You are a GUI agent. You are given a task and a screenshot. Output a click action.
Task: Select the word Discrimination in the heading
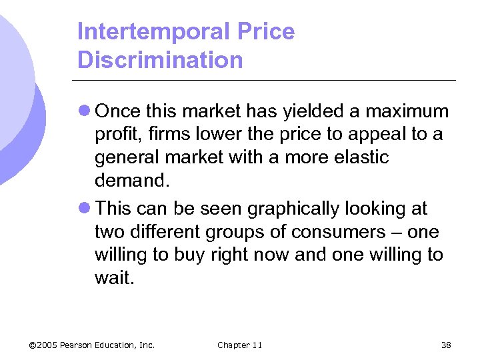160,60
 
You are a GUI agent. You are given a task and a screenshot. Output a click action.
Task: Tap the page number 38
446,345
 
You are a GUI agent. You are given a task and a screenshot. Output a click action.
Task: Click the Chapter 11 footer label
239,345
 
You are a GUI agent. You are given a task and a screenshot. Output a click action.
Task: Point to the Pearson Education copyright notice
92,345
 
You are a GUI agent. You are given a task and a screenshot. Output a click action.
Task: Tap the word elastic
357,157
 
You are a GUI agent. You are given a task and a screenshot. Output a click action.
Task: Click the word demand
128,181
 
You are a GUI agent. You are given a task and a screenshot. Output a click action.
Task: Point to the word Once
118,111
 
